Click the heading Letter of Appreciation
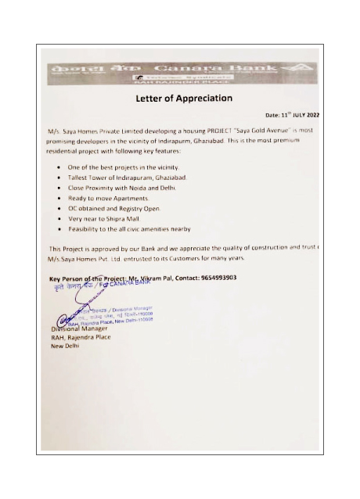pyautogui.click(x=184, y=99)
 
